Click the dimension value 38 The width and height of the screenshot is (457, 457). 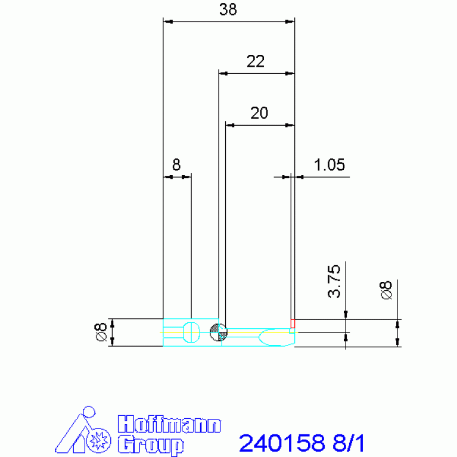click(228, 10)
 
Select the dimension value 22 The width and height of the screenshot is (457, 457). click(256, 61)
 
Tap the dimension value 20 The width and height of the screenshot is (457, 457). click(259, 113)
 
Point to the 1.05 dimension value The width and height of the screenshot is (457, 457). click(329, 164)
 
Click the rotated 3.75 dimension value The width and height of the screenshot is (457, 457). click(334, 281)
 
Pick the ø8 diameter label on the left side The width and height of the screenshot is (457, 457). click(101, 332)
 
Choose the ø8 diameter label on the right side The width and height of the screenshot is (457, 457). click(386, 290)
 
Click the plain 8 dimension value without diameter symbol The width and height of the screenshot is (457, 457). click(176, 164)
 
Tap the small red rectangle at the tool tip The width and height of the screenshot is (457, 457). click(293, 324)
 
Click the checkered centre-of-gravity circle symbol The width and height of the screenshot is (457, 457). click(218, 332)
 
